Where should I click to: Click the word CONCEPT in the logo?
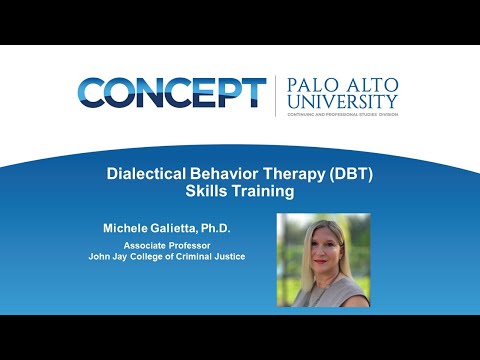pos(172,93)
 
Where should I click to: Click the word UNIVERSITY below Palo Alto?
pos(342,102)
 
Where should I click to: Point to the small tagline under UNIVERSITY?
pos(342,114)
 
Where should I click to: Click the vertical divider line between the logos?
pos(276,95)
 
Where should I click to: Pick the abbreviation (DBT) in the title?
pos(349,173)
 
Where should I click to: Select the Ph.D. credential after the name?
pos(237,228)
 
